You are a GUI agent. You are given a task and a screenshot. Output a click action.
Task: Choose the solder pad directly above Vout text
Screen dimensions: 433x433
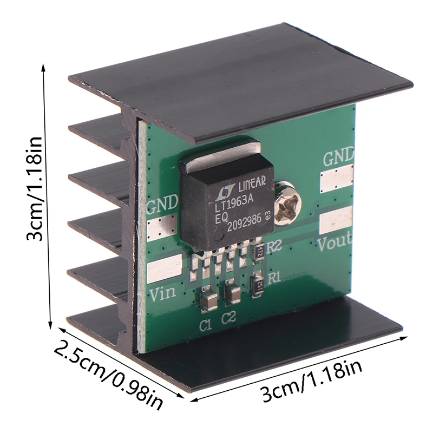pos(336,221)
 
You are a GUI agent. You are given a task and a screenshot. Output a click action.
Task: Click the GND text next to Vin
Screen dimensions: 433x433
pos(162,204)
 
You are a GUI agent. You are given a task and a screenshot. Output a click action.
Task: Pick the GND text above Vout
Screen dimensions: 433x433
pos(339,158)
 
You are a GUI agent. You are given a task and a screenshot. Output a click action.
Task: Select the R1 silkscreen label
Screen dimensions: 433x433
pos(274,279)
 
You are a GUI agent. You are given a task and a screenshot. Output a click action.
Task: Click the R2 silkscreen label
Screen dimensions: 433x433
pos(275,245)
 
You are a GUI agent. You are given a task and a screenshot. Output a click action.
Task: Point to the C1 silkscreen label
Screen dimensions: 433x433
pos(205,325)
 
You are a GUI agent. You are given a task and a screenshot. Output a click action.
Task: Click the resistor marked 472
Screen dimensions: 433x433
pos(259,251)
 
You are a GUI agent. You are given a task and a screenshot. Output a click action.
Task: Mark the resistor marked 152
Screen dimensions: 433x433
pos(259,283)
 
